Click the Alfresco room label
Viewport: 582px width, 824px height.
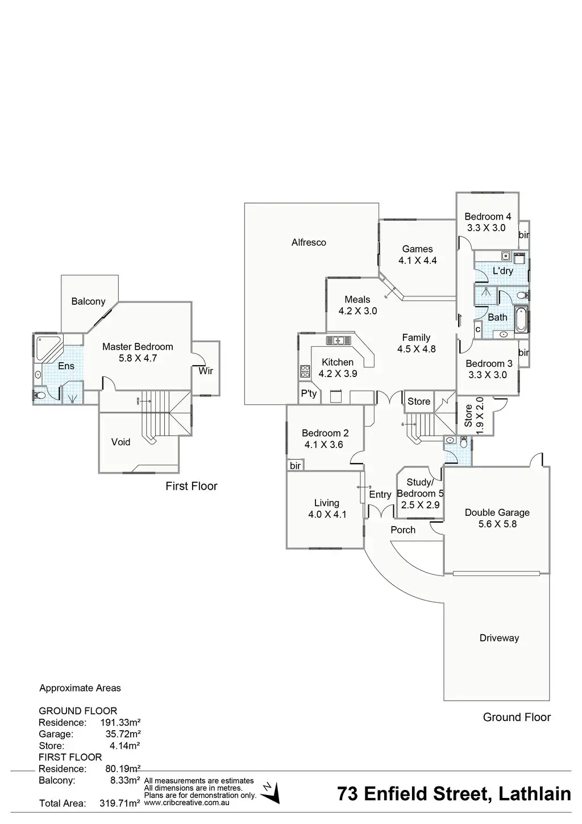[309, 242]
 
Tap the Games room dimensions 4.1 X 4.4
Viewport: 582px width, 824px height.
[418, 261]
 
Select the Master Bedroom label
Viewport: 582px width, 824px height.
[138, 346]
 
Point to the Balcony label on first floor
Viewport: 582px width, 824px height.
[88, 301]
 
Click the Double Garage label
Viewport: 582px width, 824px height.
[497, 512]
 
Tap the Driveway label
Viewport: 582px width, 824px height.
[499, 638]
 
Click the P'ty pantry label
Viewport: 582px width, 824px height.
[309, 394]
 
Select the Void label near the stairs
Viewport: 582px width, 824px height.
[120, 442]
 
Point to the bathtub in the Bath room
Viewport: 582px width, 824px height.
[521, 320]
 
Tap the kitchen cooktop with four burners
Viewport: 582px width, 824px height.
[305, 372]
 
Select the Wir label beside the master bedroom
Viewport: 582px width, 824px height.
[206, 371]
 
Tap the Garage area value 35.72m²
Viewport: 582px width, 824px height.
[123, 734]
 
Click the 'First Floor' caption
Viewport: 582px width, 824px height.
[192, 486]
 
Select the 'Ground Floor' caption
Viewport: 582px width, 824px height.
[517, 717]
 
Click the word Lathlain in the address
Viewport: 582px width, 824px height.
[535, 794]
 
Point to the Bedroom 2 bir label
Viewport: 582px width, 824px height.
[295, 466]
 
